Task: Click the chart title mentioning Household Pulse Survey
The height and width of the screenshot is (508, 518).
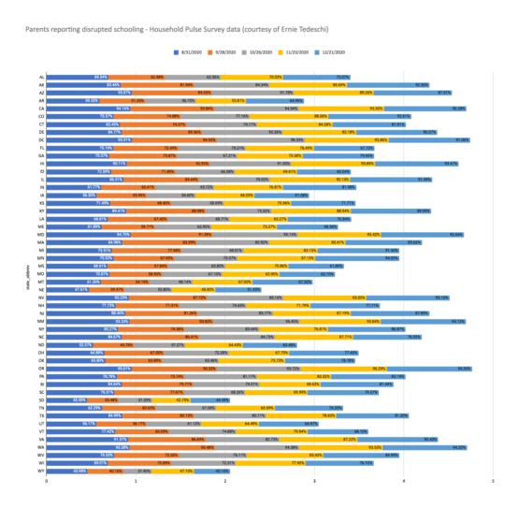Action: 159,30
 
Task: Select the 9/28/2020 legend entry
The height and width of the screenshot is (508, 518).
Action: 246,55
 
